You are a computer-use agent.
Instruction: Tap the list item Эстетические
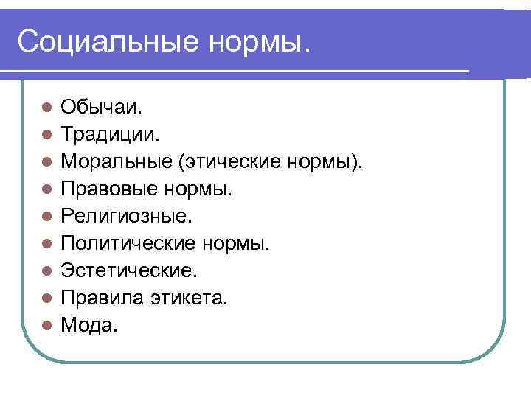(129, 270)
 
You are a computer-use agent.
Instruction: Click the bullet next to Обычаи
(46, 108)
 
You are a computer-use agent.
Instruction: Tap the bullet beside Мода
(46, 324)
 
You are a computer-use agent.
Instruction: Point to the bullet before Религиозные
(46, 217)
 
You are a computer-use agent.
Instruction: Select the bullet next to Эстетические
(46, 270)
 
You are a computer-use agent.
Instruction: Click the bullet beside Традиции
(46, 135)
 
